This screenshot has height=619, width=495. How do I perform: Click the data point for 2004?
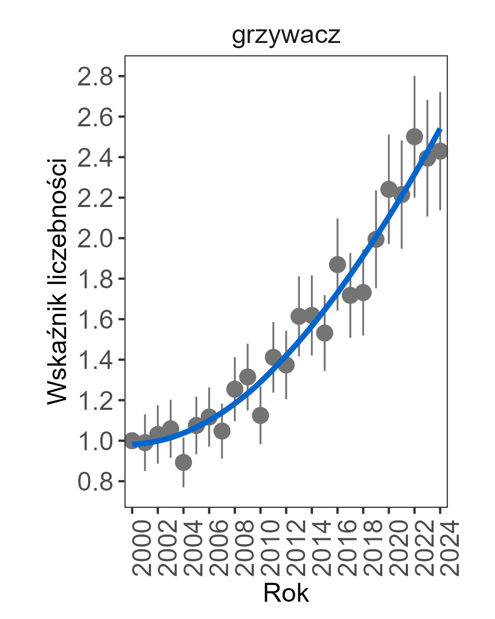[183, 462]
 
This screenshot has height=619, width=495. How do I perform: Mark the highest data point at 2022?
[414, 137]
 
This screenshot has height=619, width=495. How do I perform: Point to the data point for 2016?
[337, 265]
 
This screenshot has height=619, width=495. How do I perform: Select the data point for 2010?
[260, 415]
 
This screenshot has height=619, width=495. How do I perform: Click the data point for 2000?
[132, 440]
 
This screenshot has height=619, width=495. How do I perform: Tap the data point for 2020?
[389, 190]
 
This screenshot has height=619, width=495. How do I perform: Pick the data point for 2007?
[222, 431]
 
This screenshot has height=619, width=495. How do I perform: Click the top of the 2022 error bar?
[414, 76]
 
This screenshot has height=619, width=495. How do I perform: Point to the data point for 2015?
[325, 333]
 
